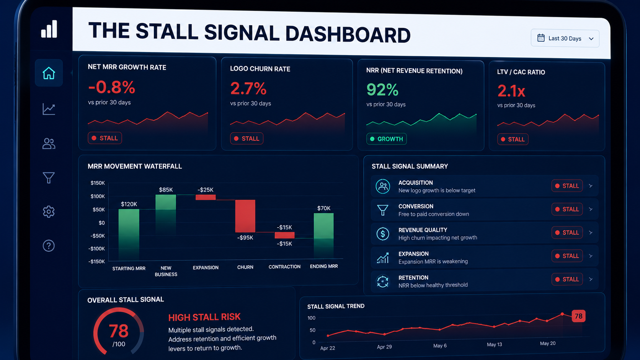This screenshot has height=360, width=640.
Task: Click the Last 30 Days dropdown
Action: pyautogui.click(x=565, y=38)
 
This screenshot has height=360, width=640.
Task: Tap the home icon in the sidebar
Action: pyautogui.click(x=49, y=73)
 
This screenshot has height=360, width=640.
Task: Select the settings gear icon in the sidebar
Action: pyautogui.click(x=49, y=212)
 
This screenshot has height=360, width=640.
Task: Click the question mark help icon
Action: pyautogui.click(x=49, y=246)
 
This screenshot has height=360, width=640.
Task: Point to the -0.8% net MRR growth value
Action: pyautogui.click(x=111, y=87)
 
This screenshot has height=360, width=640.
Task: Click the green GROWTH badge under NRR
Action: pyautogui.click(x=387, y=139)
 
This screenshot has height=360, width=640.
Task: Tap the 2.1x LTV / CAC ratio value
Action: pyautogui.click(x=511, y=91)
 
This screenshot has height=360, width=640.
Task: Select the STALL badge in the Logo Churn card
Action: pyautogui.click(x=247, y=138)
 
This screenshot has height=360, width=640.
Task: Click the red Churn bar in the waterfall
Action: pyautogui.click(x=245, y=216)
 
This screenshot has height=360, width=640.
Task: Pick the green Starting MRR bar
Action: pyautogui.click(x=129, y=234)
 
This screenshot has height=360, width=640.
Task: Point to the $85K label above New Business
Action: pyautogui.click(x=166, y=190)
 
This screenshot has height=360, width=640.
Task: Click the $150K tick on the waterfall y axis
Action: pyautogui.click(x=98, y=183)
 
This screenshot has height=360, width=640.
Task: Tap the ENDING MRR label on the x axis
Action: pyautogui.click(x=324, y=266)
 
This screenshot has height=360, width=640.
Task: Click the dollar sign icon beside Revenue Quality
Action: pyautogui.click(x=382, y=234)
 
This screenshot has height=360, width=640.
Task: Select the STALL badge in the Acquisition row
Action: pyautogui.click(x=567, y=186)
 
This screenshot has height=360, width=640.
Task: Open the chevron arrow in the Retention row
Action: pyautogui.click(x=591, y=279)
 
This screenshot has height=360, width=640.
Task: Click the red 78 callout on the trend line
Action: pyautogui.click(x=579, y=316)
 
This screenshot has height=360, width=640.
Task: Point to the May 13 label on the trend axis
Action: pyautogui.click(x=494, y=345)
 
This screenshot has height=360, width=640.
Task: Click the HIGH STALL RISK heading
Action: pyautogui.click(x=204, y=317)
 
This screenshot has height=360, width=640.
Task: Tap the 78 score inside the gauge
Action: pyautogui.click(x=119, y=331)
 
